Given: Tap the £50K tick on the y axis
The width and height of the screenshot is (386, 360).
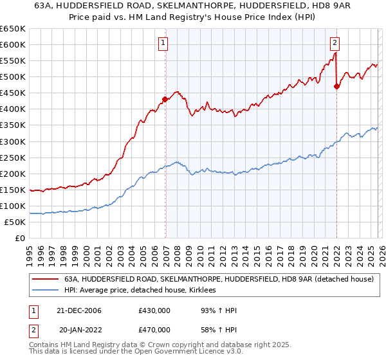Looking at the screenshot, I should [x=15, y=222].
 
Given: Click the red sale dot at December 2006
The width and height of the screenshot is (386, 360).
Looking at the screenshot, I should [x=165, y=99].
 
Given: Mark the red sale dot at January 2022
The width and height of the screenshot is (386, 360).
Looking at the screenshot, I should [x=336, y=86].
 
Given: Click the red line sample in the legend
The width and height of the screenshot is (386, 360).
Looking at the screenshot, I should [x=45, y=280].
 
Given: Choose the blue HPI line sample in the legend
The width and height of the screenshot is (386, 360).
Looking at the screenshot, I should [x=45, y=291].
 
